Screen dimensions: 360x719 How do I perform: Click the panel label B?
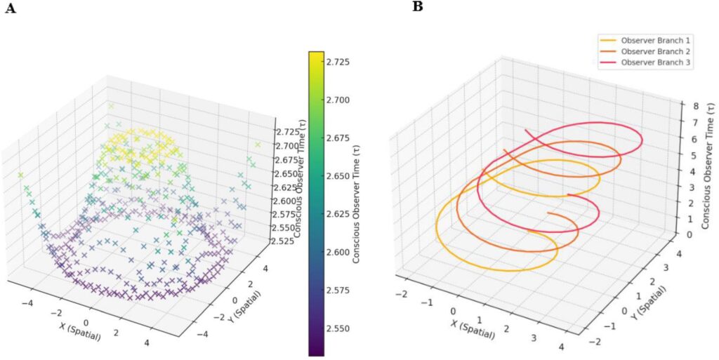(x=417, y=7)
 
